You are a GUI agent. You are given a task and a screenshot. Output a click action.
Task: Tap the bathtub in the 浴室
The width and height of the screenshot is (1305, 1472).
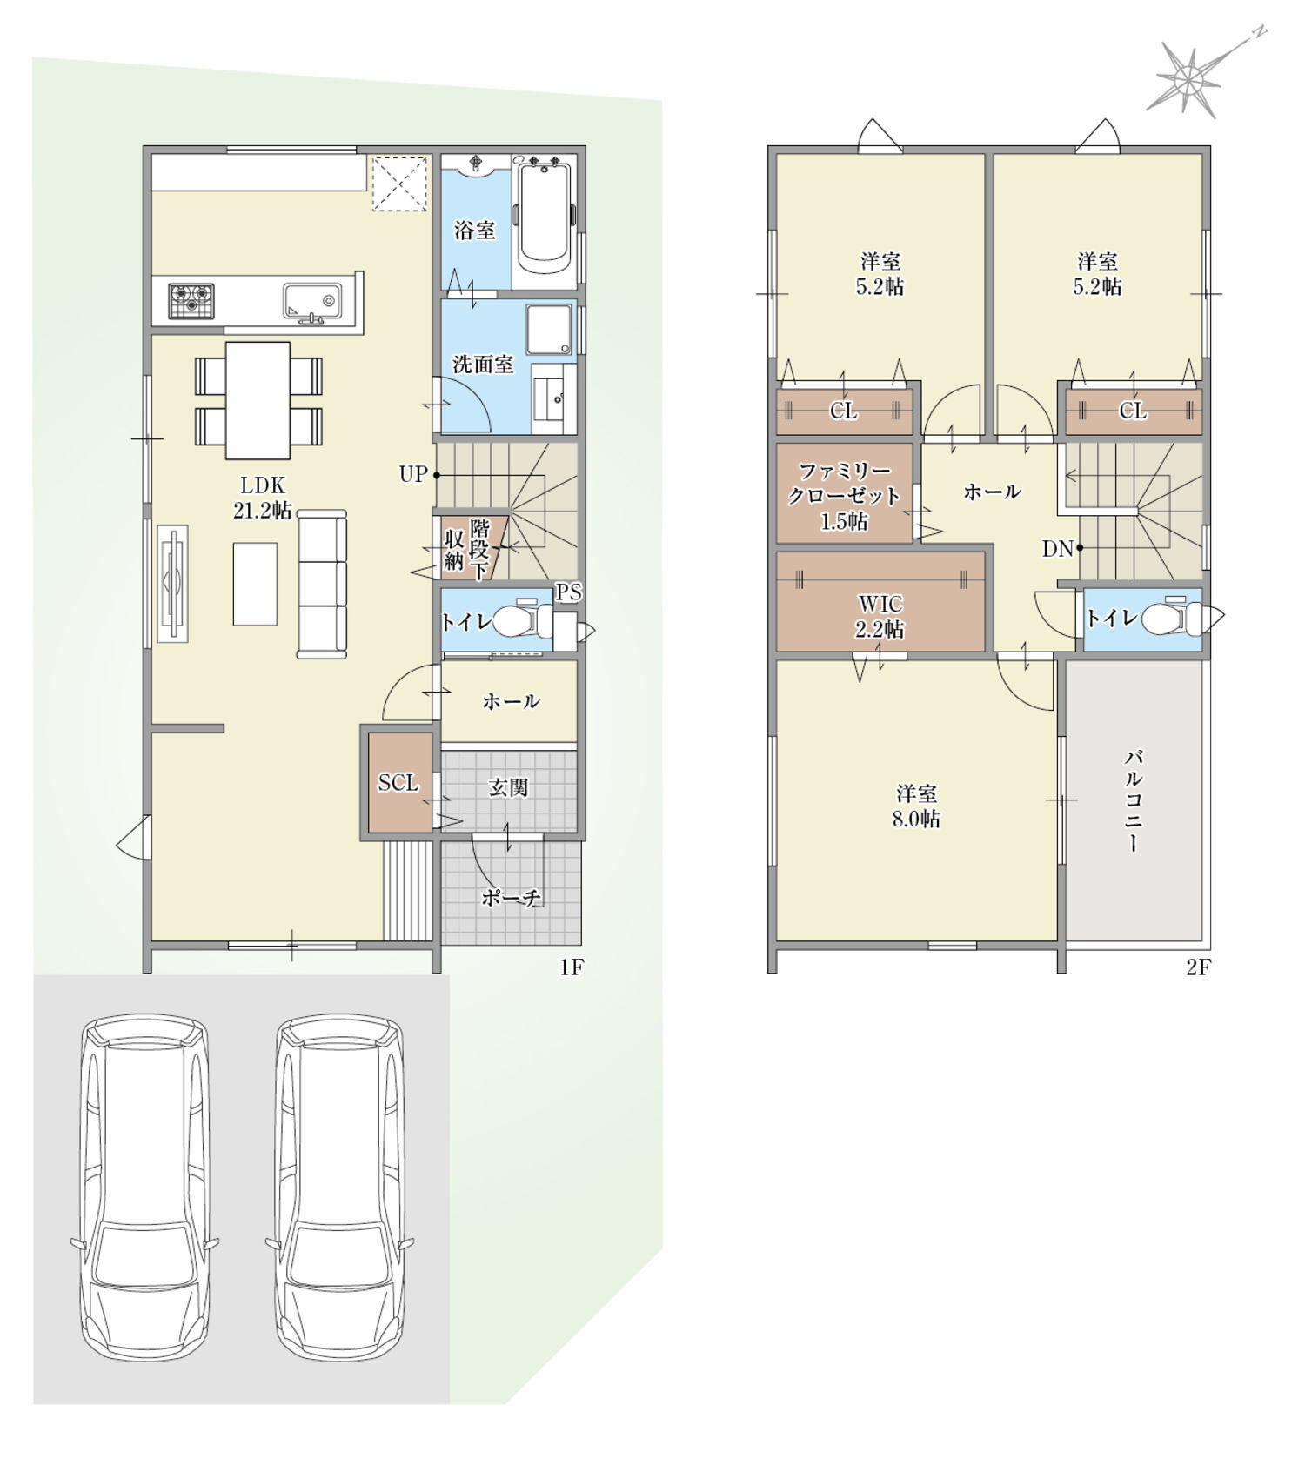[x=545, y=220]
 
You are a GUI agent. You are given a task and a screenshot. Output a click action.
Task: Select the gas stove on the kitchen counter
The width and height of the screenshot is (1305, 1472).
[x=191, y=302]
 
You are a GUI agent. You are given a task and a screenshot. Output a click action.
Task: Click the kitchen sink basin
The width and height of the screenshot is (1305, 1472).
[x=311, y=301]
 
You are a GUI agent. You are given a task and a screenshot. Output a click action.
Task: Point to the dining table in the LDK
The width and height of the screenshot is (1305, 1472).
[x=258, y=400]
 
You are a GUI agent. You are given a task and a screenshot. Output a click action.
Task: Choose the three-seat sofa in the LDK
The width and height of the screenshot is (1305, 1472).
[x=322, y=584]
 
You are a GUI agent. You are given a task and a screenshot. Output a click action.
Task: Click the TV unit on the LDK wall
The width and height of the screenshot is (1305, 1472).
[x=172, y=584]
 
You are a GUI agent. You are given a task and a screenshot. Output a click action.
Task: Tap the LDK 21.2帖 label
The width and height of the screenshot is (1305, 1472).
[x=262, y=498]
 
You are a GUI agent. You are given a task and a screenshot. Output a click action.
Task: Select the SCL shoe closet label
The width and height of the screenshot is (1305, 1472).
[x=398, y=782]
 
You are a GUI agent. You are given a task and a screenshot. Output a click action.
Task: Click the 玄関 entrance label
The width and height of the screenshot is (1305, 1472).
[x=508, y=787]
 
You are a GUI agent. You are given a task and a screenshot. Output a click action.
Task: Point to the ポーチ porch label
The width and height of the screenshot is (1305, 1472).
[x=512, y=898]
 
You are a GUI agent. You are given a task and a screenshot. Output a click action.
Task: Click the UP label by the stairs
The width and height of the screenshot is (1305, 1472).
[x=413, y=474]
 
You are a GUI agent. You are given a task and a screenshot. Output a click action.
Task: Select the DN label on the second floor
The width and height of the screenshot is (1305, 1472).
[x=1058, y=549]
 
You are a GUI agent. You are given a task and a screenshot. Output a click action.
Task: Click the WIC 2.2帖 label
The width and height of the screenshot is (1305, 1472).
[x=880, y=616]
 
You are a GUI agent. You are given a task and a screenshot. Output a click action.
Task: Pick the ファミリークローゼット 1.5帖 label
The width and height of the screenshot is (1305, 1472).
[x=843, y=497]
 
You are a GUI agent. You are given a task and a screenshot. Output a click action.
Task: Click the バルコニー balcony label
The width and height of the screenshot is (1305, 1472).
[x=1133, y=800]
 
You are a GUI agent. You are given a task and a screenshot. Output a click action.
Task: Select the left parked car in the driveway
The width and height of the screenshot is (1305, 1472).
[x=144, y=1188]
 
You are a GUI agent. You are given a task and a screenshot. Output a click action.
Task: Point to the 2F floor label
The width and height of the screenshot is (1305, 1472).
[x=1198, y=967]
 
